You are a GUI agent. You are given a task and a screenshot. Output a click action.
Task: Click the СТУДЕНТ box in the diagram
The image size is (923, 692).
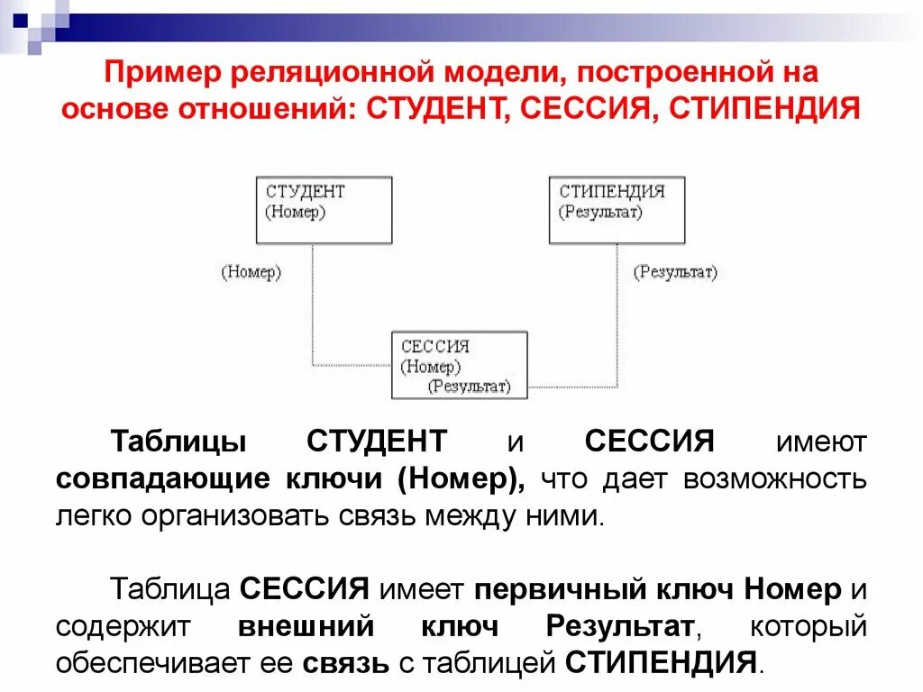(324, 210)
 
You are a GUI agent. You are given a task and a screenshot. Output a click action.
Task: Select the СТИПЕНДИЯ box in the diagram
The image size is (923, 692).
(617, 210)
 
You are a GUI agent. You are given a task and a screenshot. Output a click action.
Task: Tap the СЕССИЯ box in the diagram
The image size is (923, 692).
(459, 365)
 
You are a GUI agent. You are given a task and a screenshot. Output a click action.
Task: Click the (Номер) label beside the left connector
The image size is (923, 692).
(251, 272)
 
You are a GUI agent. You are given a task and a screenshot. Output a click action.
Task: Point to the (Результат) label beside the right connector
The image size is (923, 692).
(675, 272)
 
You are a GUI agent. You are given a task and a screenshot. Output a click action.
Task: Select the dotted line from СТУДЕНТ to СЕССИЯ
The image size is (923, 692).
(313, 306)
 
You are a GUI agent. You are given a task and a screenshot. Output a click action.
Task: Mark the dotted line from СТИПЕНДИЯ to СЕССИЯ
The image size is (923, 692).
(617, 306)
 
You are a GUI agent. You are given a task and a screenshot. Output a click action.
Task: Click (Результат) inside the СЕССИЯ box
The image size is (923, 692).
(469, 387)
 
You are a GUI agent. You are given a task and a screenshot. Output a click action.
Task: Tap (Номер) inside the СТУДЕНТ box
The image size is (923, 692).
(296, 212)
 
